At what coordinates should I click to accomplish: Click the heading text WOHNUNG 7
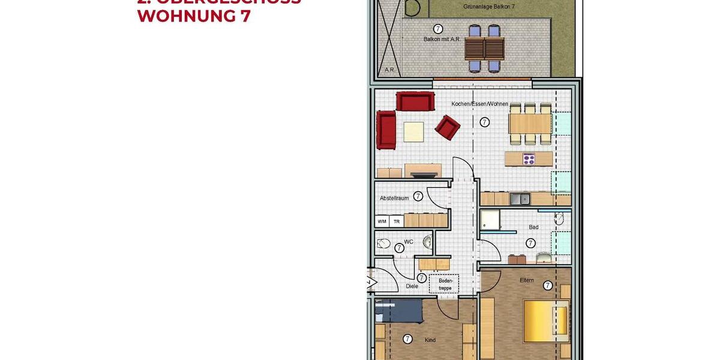tap(193, 16)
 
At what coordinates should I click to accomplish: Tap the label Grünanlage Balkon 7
tap(489, 6)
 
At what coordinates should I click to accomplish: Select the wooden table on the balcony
tap(484, 47)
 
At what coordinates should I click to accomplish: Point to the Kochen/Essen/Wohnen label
tap(479, 104)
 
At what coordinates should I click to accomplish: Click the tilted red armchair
tap(447, 126)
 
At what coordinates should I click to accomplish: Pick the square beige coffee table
tap(413, 131)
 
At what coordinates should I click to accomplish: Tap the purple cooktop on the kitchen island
tap(529, 159)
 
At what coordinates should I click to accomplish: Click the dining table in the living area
tap(530, 124)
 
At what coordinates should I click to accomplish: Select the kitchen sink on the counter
tap(519, 199)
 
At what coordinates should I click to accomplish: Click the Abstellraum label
tap(394, 198)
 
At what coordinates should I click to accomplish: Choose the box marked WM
tap(382, 221)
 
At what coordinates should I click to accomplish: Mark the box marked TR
tap(396, 221)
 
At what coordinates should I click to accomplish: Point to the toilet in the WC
tap(384, 244)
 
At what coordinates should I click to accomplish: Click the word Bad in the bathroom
tap(533, 227)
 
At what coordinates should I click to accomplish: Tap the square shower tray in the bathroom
tap(490, 220)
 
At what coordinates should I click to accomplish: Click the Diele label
tap(412, 286)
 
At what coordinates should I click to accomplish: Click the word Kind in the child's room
tap(430, 340)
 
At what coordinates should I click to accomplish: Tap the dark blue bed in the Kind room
tap(399, 311)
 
